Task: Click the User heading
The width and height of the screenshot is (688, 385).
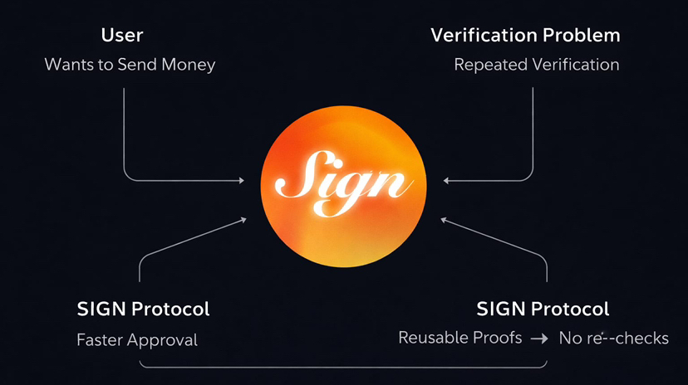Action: click(x=122, y=36)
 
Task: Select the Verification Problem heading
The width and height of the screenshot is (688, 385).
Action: click(x=525, y=36)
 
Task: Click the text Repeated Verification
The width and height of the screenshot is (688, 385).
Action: click(x=536, y=64)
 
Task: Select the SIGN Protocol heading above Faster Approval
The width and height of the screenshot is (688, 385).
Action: click(x=143, y=309)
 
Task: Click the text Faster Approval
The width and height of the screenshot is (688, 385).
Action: click(x=137, y=339)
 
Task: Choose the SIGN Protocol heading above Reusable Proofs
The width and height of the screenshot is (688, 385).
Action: click(x=543, y=309)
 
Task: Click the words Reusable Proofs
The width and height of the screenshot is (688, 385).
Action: click(x=460, y=338)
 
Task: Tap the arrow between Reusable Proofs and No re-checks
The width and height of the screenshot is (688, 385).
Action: click(x=540, y=339)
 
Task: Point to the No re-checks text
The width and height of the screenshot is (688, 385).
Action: click(x=613, y=339)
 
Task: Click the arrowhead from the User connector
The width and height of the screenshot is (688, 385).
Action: click(x=243, y=179)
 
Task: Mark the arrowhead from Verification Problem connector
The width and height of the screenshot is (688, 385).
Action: click(x=445, y=179)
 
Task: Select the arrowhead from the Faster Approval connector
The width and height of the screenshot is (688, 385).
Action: click(x=245, y=219)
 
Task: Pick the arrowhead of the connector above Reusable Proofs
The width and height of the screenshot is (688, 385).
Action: click(x=442, y=219)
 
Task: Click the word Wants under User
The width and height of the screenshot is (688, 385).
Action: click(x=69, y=64)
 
